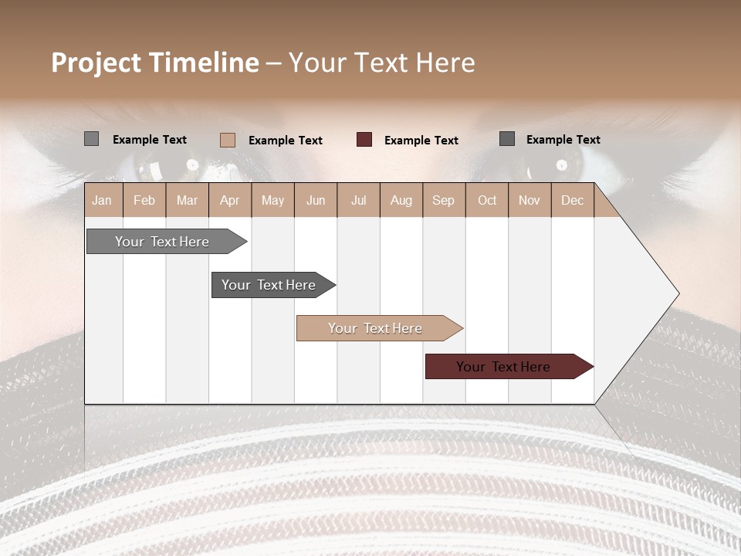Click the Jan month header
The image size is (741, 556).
tap(103, 200)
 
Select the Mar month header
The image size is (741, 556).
tap(187, 200)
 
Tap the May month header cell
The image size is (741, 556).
tap(272, 200)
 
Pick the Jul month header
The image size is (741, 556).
tap(358, 200)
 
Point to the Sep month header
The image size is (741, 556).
tap(443, 200)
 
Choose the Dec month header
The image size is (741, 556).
tap(572, 200)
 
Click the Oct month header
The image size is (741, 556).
tap(487, 200)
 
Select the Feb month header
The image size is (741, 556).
tap(144, 200)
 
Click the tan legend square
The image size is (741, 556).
tap(228, 140)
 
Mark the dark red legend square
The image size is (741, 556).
tap(364, 140)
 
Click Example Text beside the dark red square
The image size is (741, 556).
tap(421, 141)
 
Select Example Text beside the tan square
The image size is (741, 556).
tap(285, 141)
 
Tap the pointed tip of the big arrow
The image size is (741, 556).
tap(677, 293)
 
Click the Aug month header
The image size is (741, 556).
tap(401, 200)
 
